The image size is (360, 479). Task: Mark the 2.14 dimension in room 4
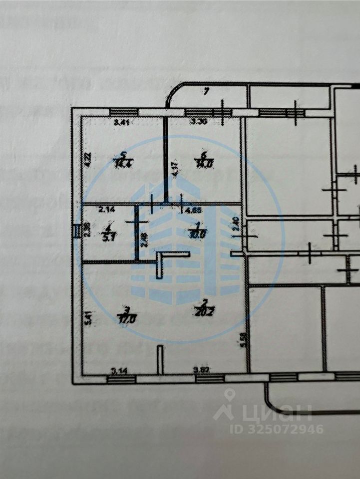(106, 210)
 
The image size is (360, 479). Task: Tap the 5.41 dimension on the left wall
(88, 318)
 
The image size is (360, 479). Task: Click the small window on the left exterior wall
(76, 231)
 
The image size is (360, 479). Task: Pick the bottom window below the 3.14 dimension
(121, 380)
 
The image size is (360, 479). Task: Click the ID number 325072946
(276, 429)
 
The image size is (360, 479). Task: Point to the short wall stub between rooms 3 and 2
(160, 359)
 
